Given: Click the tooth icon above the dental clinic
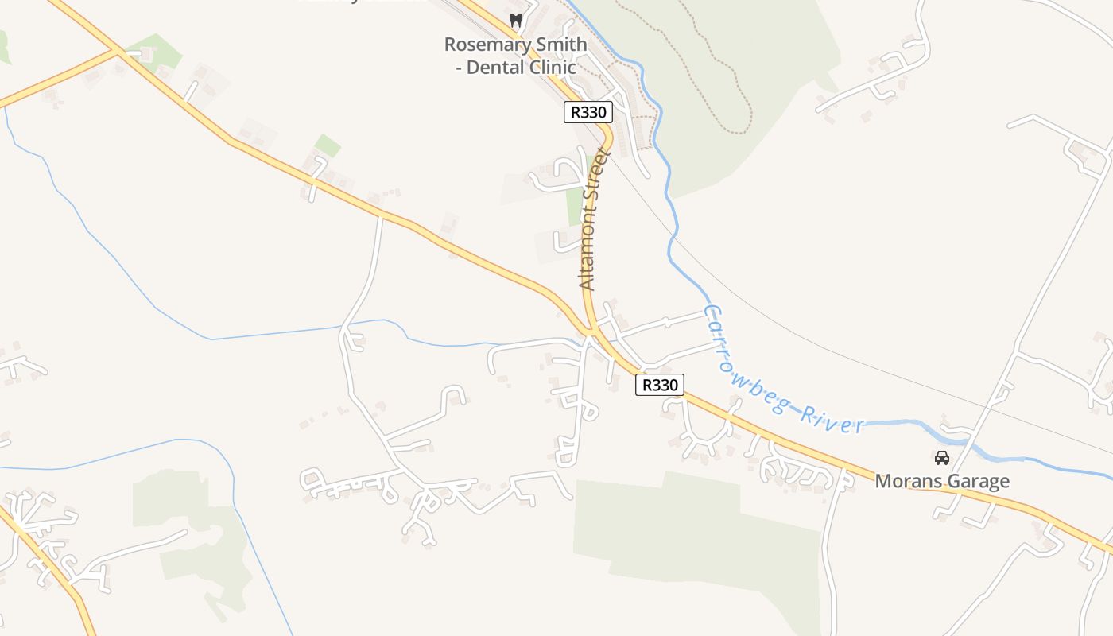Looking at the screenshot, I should pos(516,21).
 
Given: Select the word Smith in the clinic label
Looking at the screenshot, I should pos(560,45).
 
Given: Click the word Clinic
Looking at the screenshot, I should pos(549,68).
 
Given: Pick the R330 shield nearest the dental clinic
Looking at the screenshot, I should pos(588,112).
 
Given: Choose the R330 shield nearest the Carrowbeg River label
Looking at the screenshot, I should pos(659,385).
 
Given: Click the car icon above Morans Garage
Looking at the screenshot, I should pos(942,457).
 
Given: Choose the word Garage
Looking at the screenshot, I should pos(979,481).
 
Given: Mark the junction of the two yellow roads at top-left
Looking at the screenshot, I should pos(118,52).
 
